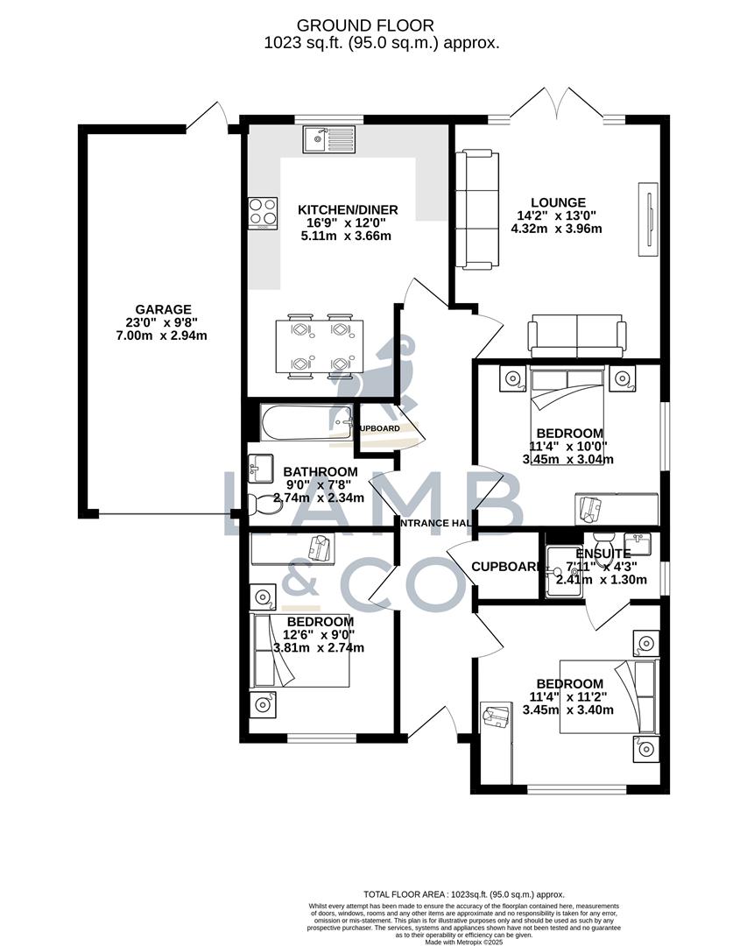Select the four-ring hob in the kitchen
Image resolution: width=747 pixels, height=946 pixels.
(263, 212)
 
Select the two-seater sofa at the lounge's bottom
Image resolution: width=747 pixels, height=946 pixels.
(576, 337)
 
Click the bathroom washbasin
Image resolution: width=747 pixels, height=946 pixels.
(261, 469)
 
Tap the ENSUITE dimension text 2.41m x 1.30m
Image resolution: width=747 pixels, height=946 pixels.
(601, 579)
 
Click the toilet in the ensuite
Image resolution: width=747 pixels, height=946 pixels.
(603, 538)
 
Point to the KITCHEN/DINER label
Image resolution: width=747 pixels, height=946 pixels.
(348, 209)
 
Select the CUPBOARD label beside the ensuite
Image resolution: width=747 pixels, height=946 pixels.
(506, 567)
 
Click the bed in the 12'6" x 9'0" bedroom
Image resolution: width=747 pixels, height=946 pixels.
(300, 650)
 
